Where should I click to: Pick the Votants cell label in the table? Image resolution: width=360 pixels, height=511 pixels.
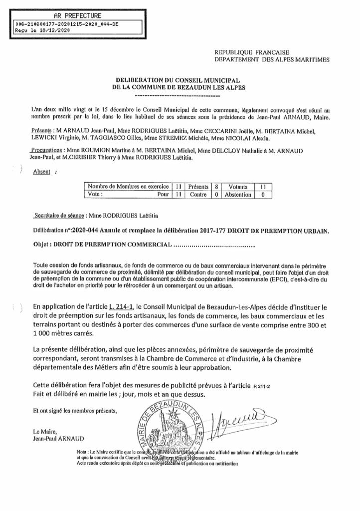click(237, 186)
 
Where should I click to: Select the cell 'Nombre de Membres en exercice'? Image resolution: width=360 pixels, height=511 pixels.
click(128, 186)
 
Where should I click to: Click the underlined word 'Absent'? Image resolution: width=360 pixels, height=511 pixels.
click(41, 172)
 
